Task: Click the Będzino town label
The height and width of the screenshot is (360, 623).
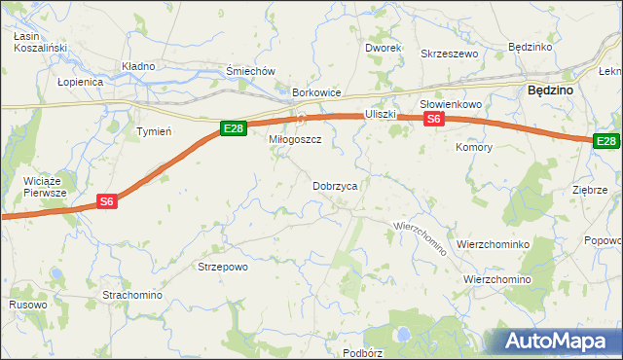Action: click(x=549, y=89)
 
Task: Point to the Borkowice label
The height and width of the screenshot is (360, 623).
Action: click(x=316, y=92)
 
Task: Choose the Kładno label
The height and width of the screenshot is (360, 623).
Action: click(x=138, y=66)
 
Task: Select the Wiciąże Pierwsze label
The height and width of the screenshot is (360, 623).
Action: click(x=46, y=187)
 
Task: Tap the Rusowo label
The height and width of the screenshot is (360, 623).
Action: click(x=28, y=305)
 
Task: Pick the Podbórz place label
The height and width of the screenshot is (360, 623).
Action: click(x=362, y=352)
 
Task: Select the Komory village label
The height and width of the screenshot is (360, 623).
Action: click(x=474, y=148)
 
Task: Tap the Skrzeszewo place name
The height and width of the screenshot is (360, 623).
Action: click(x=449, y=54)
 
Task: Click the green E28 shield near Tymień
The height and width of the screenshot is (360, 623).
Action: click(x=232, y=128)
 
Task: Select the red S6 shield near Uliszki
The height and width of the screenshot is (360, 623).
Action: click(x=434, y=119)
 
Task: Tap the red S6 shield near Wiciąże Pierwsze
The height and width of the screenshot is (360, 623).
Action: click(x=108, y=201)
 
